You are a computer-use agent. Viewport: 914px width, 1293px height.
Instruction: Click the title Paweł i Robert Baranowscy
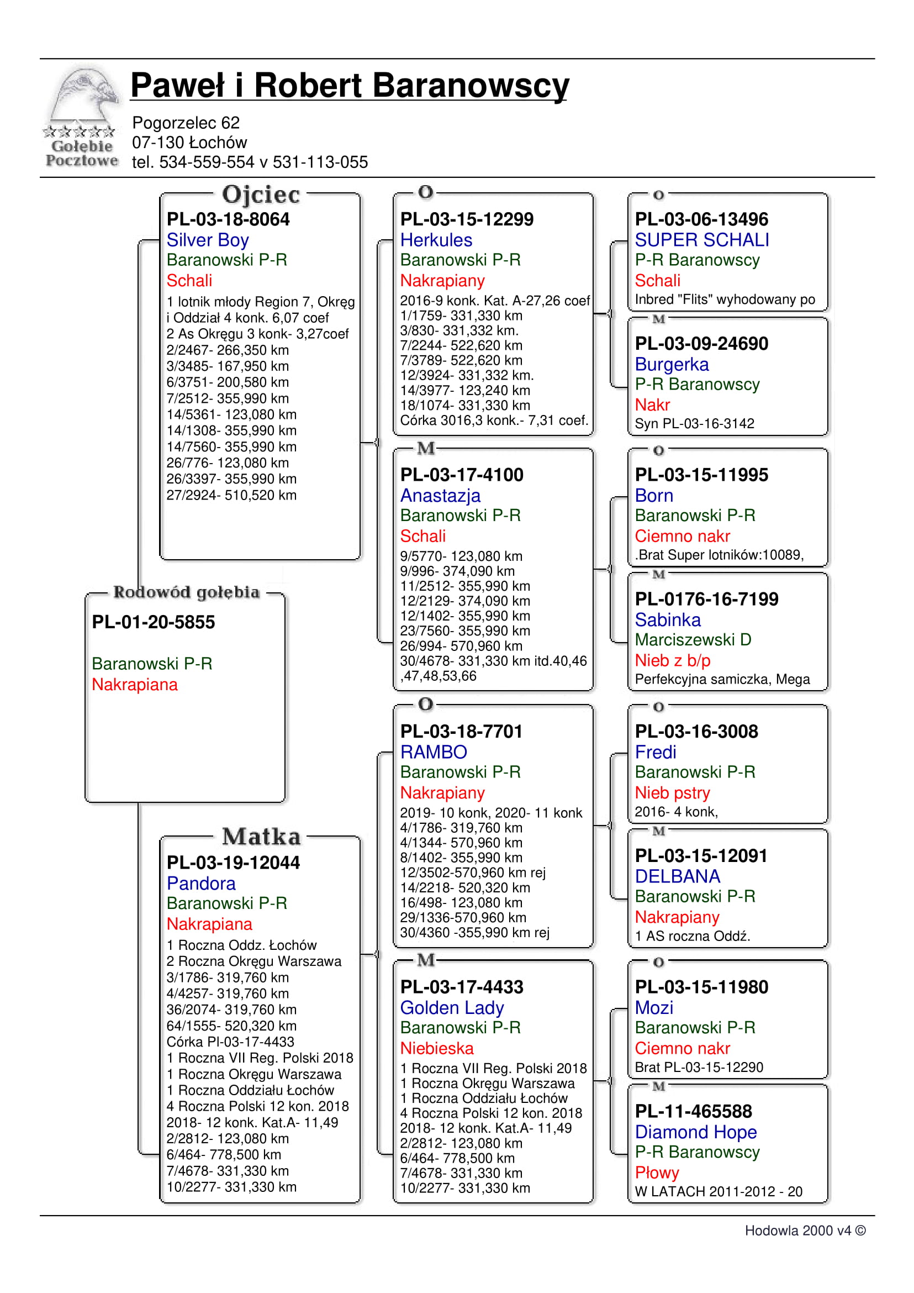coord(350,86)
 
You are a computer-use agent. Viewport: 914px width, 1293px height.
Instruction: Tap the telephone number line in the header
coord(249,162)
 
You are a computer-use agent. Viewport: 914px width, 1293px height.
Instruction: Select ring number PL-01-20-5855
coord(153,622)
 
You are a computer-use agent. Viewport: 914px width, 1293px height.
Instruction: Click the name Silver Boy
coord(207,240)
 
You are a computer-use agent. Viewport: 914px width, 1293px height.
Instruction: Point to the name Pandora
coord(201,884)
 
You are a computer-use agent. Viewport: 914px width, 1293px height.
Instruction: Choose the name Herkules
coord(436,240)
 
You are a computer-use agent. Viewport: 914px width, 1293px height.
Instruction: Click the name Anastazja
coord(440,496)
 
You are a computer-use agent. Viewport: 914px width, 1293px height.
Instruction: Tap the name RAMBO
coord(434,753)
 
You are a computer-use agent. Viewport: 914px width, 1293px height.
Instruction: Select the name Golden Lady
coord(452,1008)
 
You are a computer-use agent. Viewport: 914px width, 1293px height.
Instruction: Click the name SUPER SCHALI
coord(702,240)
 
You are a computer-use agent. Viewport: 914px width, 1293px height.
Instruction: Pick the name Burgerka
coord(672,364)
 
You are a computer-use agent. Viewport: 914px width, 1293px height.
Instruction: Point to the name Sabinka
coord(668,620)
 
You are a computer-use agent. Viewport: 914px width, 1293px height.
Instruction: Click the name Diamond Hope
coord(696,1133)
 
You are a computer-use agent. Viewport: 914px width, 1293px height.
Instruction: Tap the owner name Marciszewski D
coord(693,640)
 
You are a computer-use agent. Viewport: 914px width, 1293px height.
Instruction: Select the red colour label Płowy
coord(657,1173)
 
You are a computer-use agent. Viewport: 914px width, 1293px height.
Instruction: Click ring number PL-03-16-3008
coord(696,732)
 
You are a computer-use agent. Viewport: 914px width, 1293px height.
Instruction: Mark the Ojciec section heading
coord(261,195)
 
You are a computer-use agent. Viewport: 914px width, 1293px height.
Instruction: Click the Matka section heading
coord(261,837)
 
